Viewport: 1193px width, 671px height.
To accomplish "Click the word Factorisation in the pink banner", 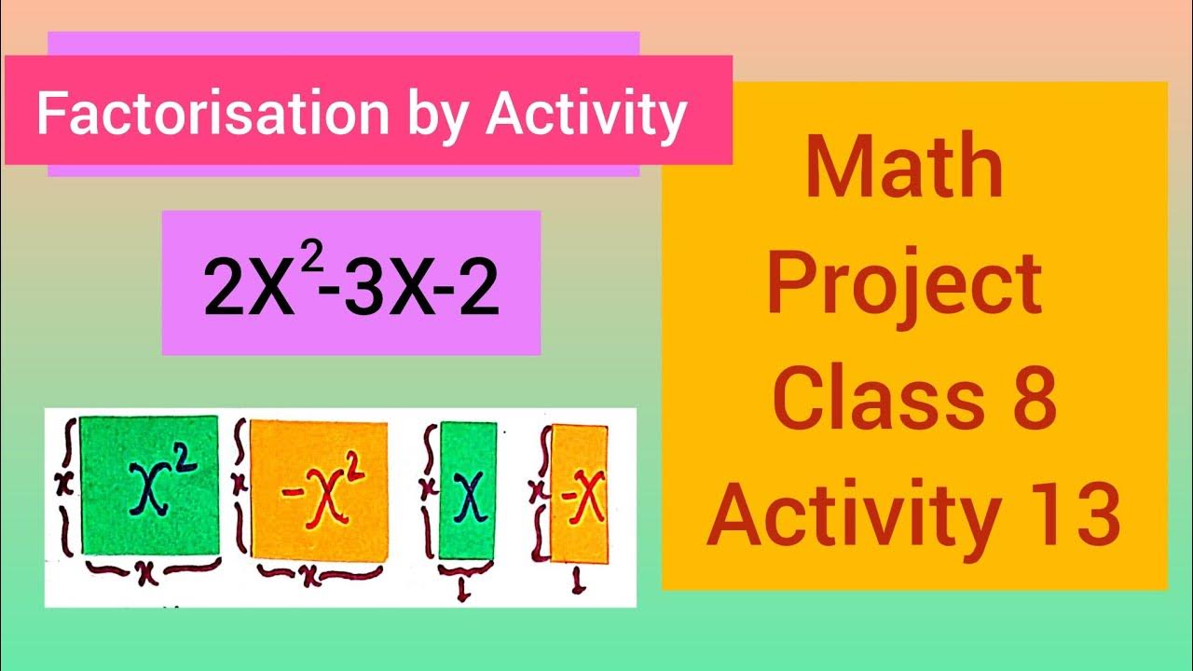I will (211, 114).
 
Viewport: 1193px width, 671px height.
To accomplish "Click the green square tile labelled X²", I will (149, 486).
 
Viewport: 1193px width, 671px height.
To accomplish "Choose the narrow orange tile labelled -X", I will (580, 494).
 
